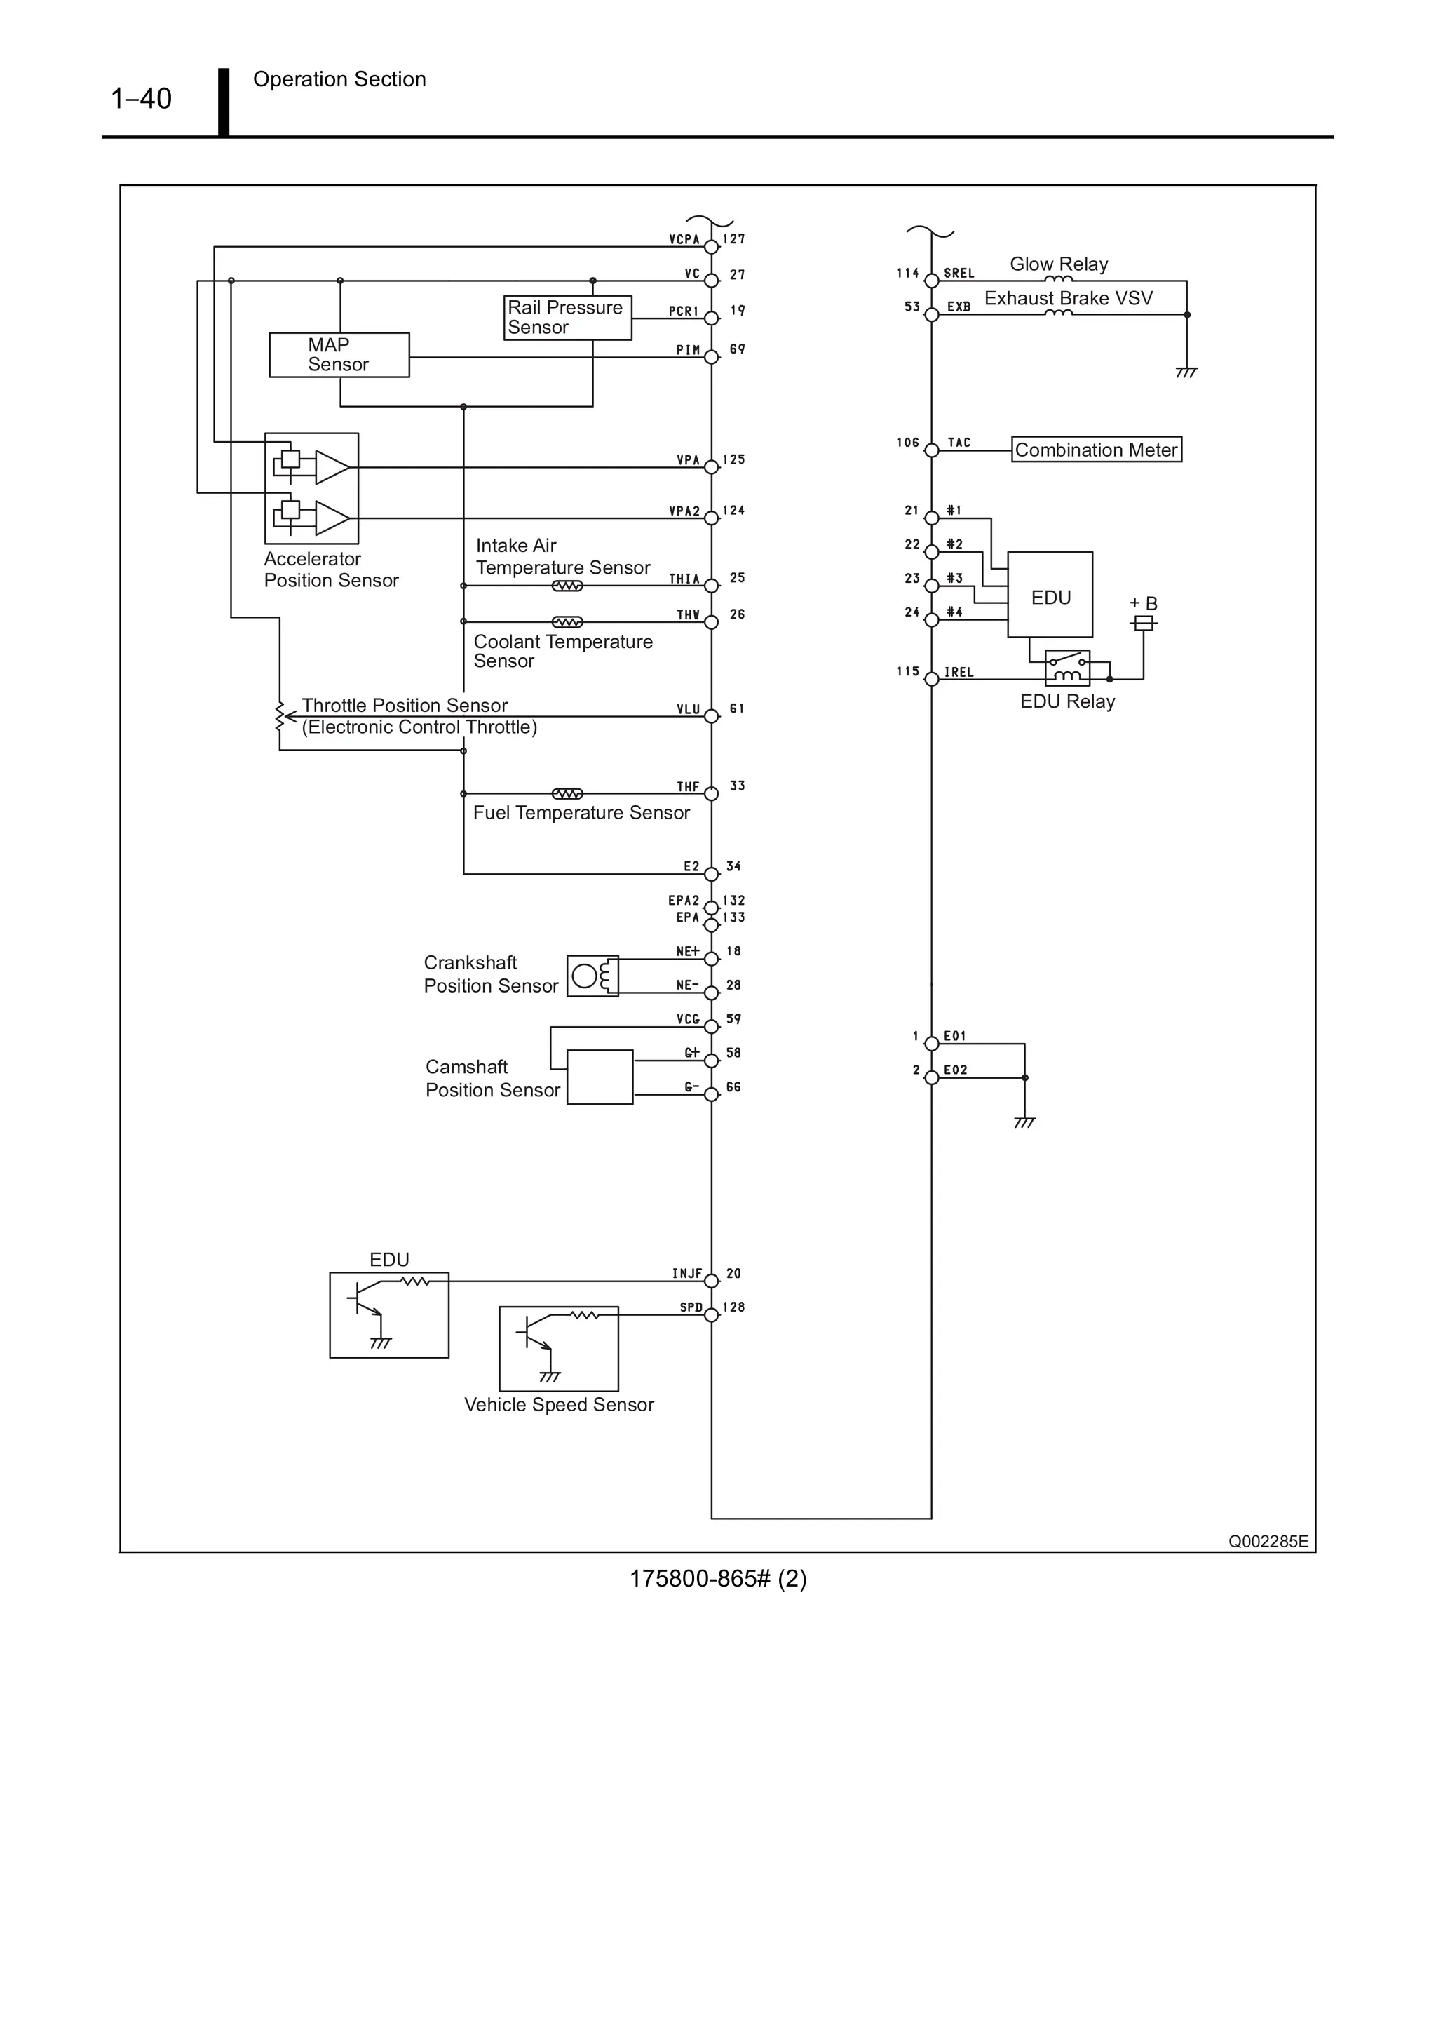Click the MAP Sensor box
[x=339, y=355]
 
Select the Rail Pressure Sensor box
[x=567, y=318]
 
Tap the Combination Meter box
[x=1095, y=450]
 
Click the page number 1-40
[x=141, y=98]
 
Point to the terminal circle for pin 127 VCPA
[x=712, y=247]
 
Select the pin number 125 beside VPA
[x=733, y=460]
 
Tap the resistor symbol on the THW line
[x=567, y=622]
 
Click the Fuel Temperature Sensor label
[x=581, y=812]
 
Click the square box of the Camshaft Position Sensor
[x=600, y=1077]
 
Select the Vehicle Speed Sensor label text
[x=558, y=1404]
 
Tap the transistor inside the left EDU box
[x=365, y=1301]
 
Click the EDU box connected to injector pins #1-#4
[x=1050, y=595]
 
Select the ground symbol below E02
[x=1024, y=1122]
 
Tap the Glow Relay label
[x=1058, y=264]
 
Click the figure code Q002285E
[x=1267, y=1541]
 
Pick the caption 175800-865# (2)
[x=717, y=1579]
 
